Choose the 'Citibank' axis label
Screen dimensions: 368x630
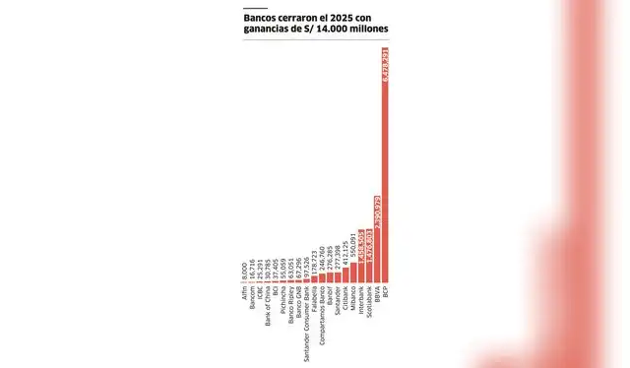click(344, 300)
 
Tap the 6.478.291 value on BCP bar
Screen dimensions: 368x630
click(385, 69)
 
